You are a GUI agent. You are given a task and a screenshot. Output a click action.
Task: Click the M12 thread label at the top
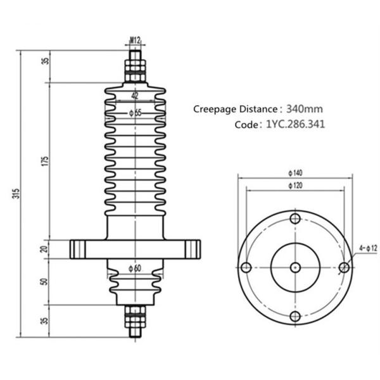[135, 41]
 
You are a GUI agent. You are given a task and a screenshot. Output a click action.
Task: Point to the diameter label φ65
[134, 113]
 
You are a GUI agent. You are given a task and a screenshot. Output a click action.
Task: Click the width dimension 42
[134, 96]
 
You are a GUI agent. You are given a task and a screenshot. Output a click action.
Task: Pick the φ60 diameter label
[134, 268]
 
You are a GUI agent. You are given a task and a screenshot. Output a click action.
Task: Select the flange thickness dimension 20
[44, 249]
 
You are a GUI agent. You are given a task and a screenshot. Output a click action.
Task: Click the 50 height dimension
[44, 281]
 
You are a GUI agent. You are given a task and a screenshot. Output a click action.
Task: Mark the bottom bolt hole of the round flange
[294, 317]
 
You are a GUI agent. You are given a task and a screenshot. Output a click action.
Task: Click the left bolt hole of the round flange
[246, 267]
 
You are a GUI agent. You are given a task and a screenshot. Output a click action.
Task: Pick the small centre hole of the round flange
[294, 267]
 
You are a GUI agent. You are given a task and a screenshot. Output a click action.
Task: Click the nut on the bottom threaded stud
[134, 311]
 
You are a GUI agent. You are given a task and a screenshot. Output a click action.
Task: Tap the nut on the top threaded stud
[134, 65]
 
